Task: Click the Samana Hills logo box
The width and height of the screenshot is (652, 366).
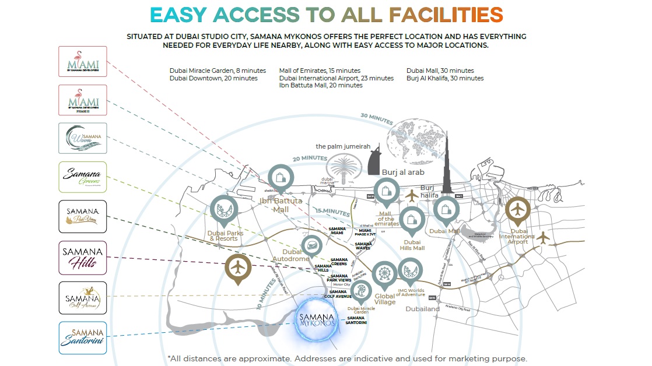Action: click(83, 258)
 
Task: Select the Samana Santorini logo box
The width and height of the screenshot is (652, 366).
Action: click(83, 338)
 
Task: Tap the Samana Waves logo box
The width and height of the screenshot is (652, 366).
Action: click(83, 138)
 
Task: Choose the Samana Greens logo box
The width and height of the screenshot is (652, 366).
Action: click(83, 177)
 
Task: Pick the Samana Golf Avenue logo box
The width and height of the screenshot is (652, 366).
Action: click(83, 298)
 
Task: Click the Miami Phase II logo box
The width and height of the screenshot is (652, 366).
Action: click(83, 100)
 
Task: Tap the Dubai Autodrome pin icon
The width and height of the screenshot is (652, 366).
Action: click(311, 247)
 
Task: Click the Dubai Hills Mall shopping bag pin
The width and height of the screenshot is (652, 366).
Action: click(412, 220)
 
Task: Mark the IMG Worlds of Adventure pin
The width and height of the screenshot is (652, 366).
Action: click(411, 270)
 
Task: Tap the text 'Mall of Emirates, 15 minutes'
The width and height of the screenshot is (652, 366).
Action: click(320, 71)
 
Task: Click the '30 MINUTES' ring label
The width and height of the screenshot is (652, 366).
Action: click(377, 118)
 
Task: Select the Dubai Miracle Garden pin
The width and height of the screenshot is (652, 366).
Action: click(361, 291)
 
